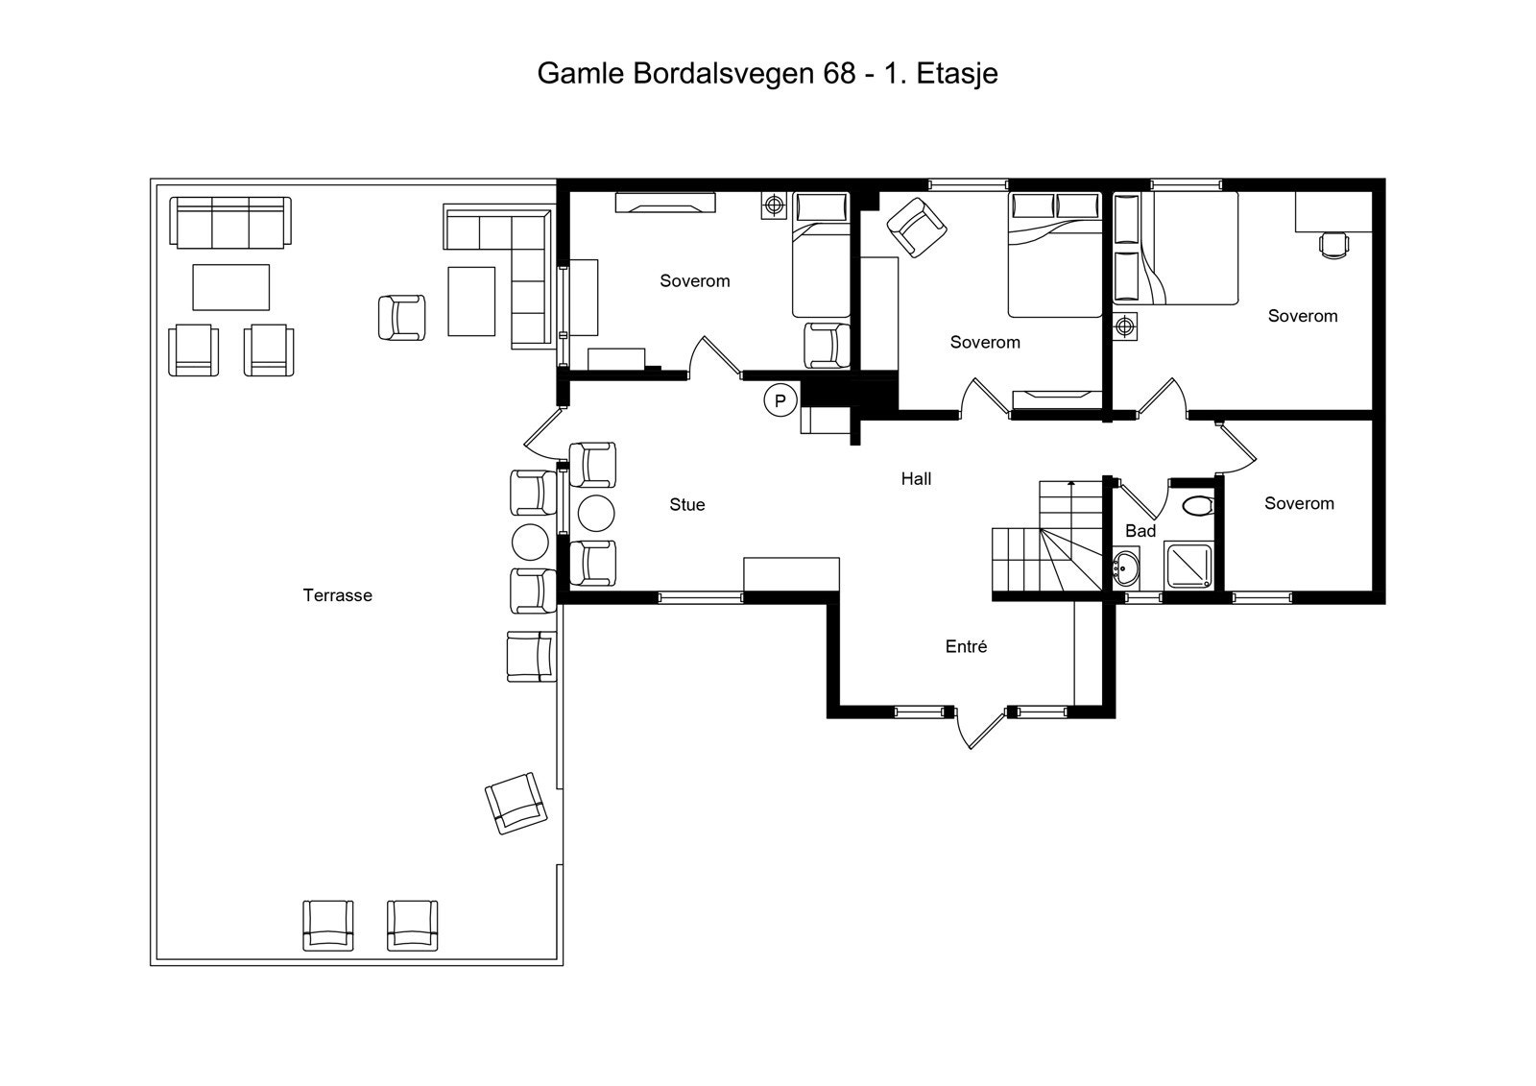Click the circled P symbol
click(780, 400)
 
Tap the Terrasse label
click(337, 595)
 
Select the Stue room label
click(687, 505)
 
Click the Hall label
click(916, 479)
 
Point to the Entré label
click(966, 647)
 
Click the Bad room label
click(1140, 531)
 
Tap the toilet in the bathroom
click(1196, 504)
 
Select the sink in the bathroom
click(1125, 569)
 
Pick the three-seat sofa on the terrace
click(230, 222)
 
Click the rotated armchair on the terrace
click(516, 803)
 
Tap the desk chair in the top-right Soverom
click(1333, 245)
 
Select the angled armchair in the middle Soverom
click(917, 228)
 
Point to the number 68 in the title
click(839, 74)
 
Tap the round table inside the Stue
click(595, 513)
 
